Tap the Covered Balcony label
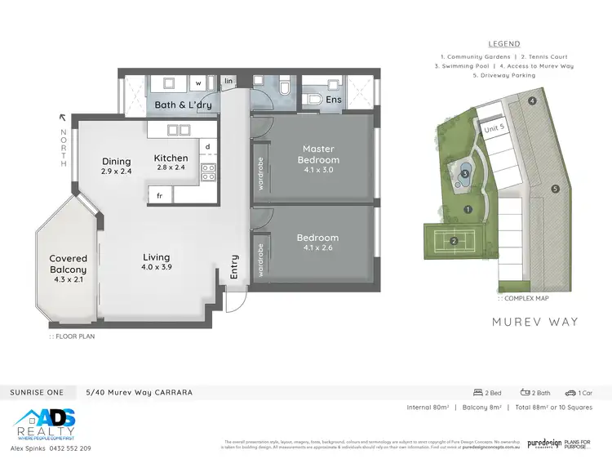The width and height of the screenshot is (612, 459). pyautogui.click(x=68, y=264)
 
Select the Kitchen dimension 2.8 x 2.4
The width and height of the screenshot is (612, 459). pyautogui.click(x=171, y=167)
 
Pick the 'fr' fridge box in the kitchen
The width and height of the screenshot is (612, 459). pyautogui.click(x=159, y=195)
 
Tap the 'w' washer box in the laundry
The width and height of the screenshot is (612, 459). pyautogui.click(x=198, y=82)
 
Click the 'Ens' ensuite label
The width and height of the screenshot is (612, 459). pyautogui.click(x=333, y=100)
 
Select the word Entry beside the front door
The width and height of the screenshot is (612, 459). pyautogui.click(x=234, y=267)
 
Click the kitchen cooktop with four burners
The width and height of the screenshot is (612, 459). pyautogui.click(x=207, y=172)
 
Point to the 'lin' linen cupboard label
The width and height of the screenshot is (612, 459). pyautogui.click(x=228, y=82)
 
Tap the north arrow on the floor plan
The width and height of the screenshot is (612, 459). pyautogui.click(x=62, y=118)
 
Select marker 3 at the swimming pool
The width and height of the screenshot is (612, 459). pyautogui.click(x=465, y=173)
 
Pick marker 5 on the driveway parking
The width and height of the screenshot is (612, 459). pyautogui.click(x=555, y=189)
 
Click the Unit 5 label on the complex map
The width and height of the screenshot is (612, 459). pyautogui.click(x=494, y=128)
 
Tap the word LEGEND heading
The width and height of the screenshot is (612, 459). pyautogui.click(x=503, y=44)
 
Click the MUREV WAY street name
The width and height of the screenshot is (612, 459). pyautogui.click(x=534, y=322)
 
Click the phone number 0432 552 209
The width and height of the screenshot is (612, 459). pyautogui.click(x=69, y=448)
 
